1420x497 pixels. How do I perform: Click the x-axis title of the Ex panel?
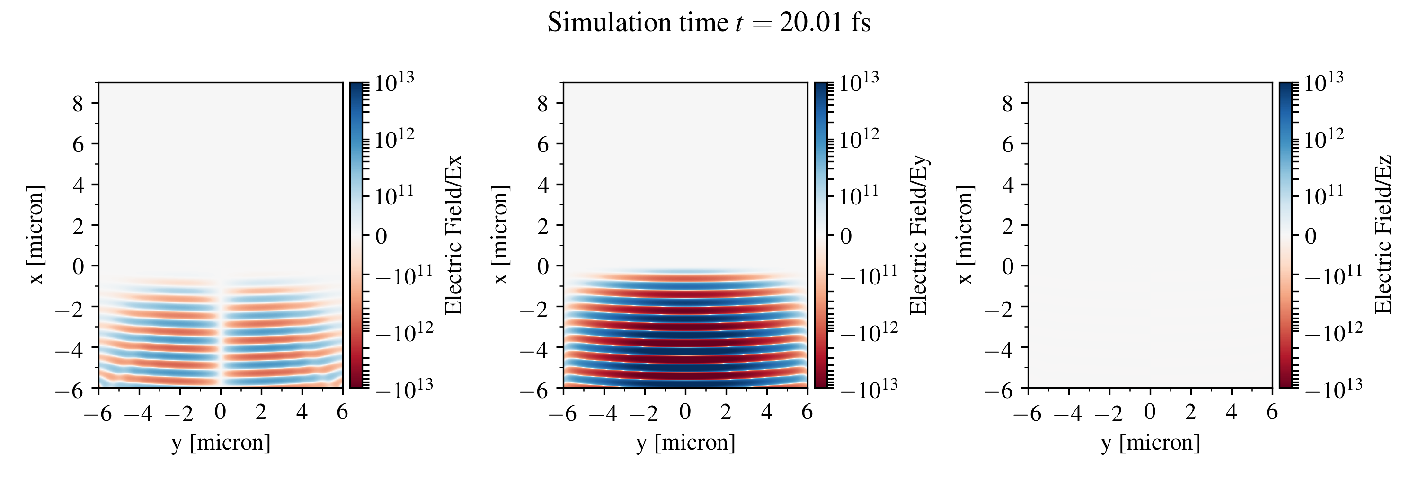(221, 443)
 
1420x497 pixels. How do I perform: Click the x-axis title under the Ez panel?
(1151, 443)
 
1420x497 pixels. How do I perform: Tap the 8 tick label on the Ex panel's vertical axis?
(78, 103)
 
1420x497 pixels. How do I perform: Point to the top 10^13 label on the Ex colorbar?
(394, 83)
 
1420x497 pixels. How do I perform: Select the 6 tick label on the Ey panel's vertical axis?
(543, 144)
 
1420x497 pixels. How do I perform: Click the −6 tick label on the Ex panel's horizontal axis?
(98, 413)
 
